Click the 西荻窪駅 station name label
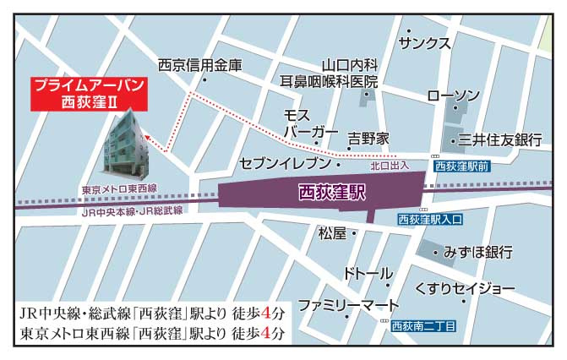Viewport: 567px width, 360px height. click(x=332, y=193)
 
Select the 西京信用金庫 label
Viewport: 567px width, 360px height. click(x=199, y=64)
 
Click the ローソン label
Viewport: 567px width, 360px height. click(x=454, y=95)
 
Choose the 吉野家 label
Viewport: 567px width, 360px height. click(x=368, y=137)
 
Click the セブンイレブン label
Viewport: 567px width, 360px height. click(x=288, y=161)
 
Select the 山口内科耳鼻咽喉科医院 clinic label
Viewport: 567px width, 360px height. click(x=330, y=73)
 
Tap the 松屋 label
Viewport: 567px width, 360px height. click(x=331, y=232)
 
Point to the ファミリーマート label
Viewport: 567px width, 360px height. click(x=347, y=303)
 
